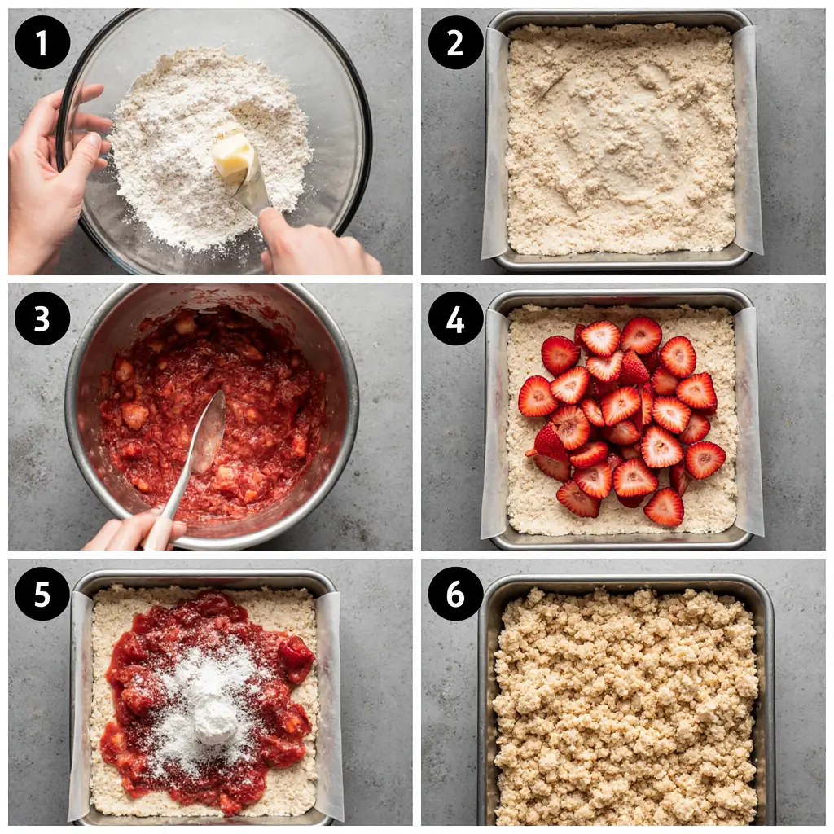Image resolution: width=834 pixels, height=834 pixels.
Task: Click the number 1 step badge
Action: (42, 42)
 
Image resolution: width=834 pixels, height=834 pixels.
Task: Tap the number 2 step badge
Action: (455, 42)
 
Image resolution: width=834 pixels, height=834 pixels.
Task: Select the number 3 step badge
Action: (42, 318)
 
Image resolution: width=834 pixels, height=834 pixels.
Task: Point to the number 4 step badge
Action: (455, 318)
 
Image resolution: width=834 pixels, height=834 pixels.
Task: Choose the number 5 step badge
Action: (42, 593)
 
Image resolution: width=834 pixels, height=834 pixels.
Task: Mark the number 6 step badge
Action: (455, 593)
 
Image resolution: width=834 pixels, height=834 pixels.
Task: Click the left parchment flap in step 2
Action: (494, 147)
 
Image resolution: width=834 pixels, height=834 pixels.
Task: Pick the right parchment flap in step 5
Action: (329, 700)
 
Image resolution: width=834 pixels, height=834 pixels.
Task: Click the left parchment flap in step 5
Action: (79, 700)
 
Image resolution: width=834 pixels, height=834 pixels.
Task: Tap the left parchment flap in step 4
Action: (494, 424)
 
